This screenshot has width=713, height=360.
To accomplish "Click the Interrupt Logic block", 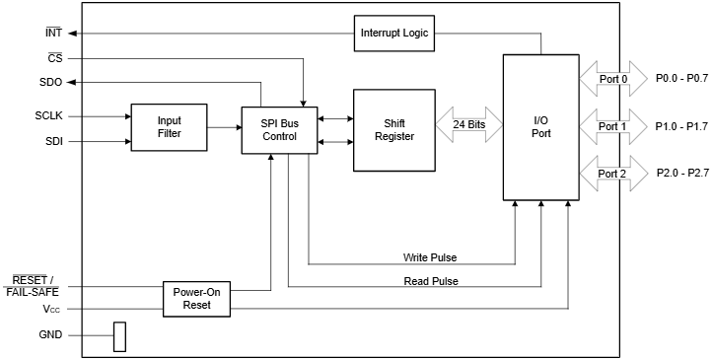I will pos(393,34).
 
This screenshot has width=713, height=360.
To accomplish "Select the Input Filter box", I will pos(169,127).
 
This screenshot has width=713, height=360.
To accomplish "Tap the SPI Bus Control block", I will pos(278,128).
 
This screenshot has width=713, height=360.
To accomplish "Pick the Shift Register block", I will pos(393,129).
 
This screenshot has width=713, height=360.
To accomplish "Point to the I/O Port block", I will pos(541,127).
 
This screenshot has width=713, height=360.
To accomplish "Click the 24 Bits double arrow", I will pos(468,125).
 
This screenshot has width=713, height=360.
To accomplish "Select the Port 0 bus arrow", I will pos(613,78).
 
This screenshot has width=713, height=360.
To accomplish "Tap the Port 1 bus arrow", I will pos(613,126).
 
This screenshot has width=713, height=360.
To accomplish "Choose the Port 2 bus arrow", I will pos(613,174).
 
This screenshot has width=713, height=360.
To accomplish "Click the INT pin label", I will pos(54,33).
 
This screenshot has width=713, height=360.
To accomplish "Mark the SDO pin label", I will pos(51,82).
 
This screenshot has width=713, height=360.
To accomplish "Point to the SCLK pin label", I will pos(48,116).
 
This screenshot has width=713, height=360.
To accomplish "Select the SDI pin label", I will pos(54,141).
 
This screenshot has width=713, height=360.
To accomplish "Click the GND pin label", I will pos(50,335).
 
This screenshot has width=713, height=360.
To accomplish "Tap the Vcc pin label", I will pos(52,310).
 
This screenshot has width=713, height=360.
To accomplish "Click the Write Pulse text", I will pos(430,257).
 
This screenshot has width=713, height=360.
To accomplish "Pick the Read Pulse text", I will pos(431,280).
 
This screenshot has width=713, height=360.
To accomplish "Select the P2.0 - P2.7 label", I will pos(682,174).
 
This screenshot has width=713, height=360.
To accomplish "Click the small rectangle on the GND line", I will pos(120,336).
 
